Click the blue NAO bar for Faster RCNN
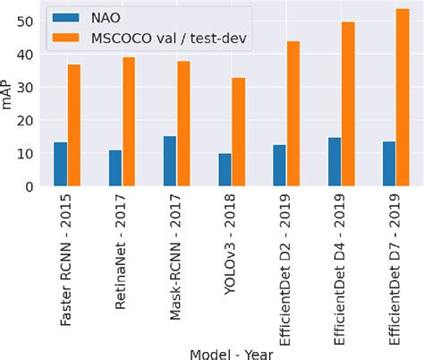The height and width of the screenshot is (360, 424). coord(60,164)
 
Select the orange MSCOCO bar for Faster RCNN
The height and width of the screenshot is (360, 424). coord(74,125)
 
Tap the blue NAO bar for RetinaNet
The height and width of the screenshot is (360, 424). coord(114,168)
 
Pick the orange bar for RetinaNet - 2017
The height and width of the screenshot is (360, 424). coord(129,122)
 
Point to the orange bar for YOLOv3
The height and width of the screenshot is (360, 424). coord(238,132)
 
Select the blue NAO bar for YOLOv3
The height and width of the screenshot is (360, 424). coord(225,169)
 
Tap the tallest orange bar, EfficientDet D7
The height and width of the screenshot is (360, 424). coord(403,97)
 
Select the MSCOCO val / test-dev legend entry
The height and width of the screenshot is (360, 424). coord(152,37)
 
